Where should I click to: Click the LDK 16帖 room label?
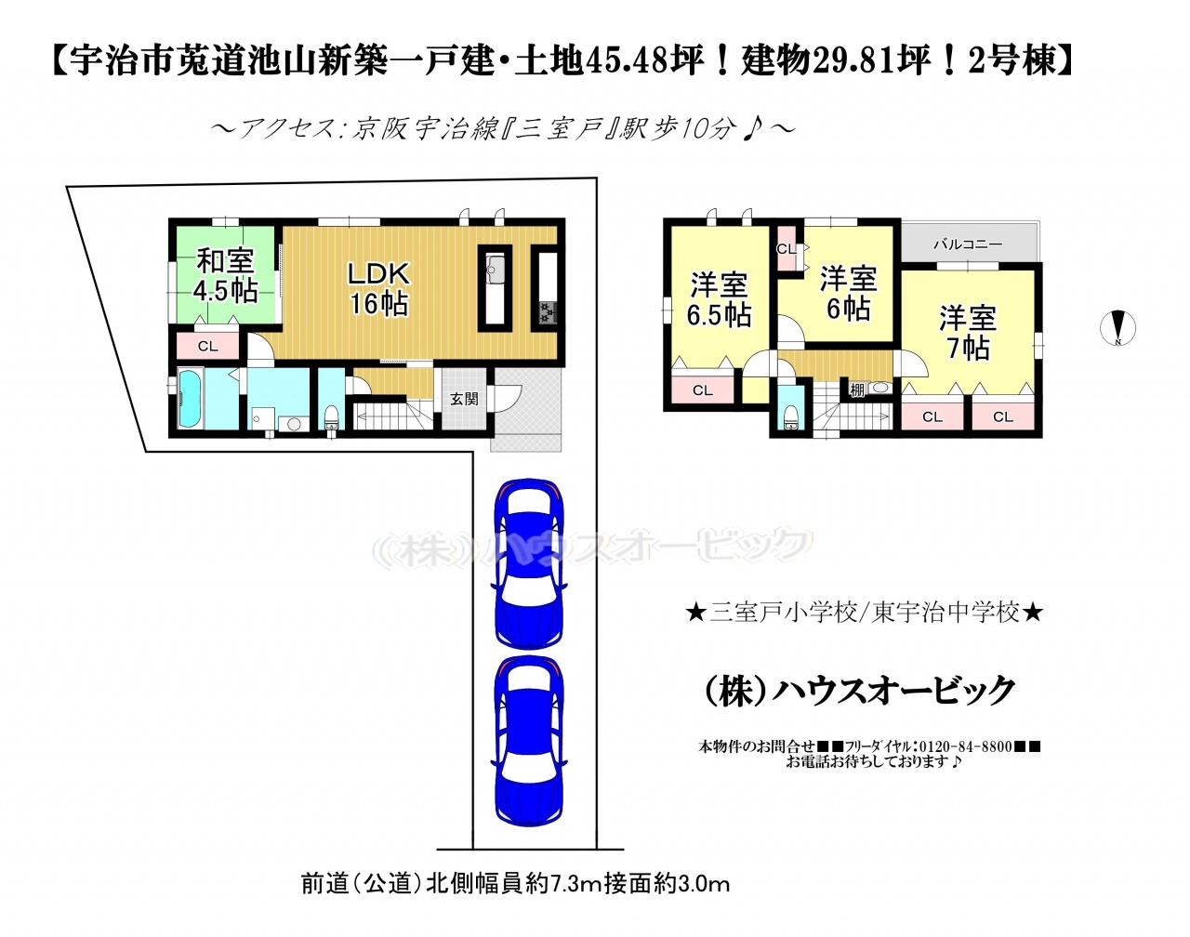(378, 288)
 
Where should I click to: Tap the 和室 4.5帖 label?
(225, 275)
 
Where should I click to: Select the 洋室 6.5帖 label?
(719, 299)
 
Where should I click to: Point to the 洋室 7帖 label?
(967, 333)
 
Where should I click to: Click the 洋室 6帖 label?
(848, 293)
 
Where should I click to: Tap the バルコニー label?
(968, 244)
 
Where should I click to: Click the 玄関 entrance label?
(464, 398)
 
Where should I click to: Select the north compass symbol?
(1117, 328)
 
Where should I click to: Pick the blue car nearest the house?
(529, 563)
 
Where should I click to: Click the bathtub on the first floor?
(191, 398)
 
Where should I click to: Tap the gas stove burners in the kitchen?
(549, 313)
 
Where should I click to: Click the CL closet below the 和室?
(208, 346)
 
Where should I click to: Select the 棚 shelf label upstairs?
(856, 390)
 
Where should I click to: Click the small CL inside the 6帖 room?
(786, 249)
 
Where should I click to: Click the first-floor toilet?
(331, 416)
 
